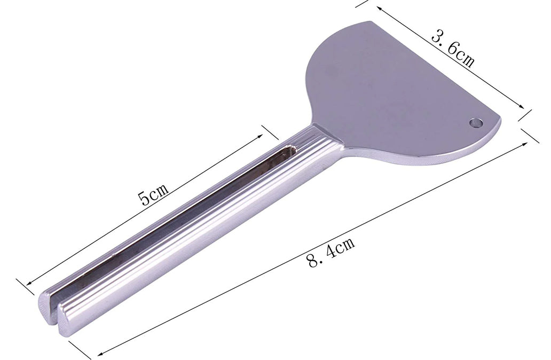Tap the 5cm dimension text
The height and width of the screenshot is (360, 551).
[154, 195]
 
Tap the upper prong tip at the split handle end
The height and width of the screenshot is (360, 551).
[46, 307]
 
